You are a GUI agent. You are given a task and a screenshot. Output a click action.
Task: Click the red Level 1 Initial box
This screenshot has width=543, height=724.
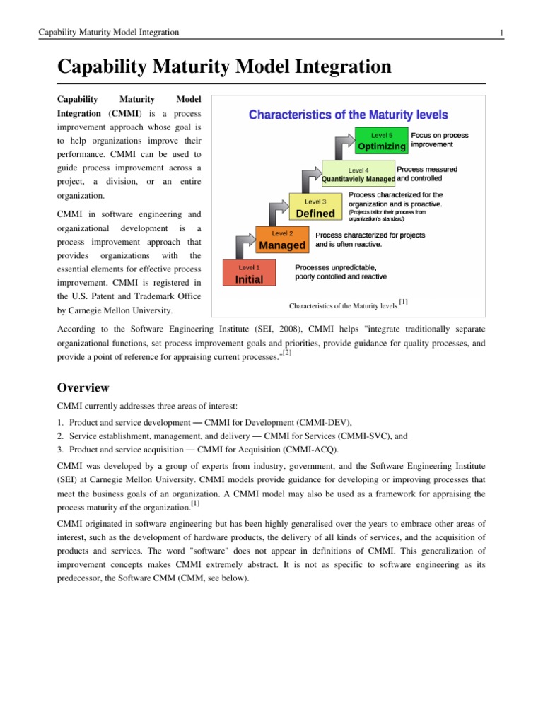[x=249, y=274]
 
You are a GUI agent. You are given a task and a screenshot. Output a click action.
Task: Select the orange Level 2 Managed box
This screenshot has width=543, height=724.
[x=281, y=240]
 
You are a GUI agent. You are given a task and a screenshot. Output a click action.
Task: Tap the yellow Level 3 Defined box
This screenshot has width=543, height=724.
[x=315, y=208]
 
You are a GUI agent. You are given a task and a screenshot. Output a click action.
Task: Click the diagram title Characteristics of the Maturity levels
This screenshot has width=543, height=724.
[x=348, y=115]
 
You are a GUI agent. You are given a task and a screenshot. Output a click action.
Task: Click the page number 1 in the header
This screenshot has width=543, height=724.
[x=501, y=33]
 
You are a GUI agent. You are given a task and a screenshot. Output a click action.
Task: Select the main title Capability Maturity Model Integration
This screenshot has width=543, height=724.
[x=224, y=67]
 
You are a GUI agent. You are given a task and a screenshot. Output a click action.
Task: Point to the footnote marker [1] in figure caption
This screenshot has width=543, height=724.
[x=403, y=302]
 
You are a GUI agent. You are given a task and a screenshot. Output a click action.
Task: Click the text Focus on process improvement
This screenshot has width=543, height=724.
[x=439, y=139]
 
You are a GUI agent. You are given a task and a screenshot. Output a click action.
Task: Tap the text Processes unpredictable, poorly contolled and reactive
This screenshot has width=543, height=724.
[x=340, y=271]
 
